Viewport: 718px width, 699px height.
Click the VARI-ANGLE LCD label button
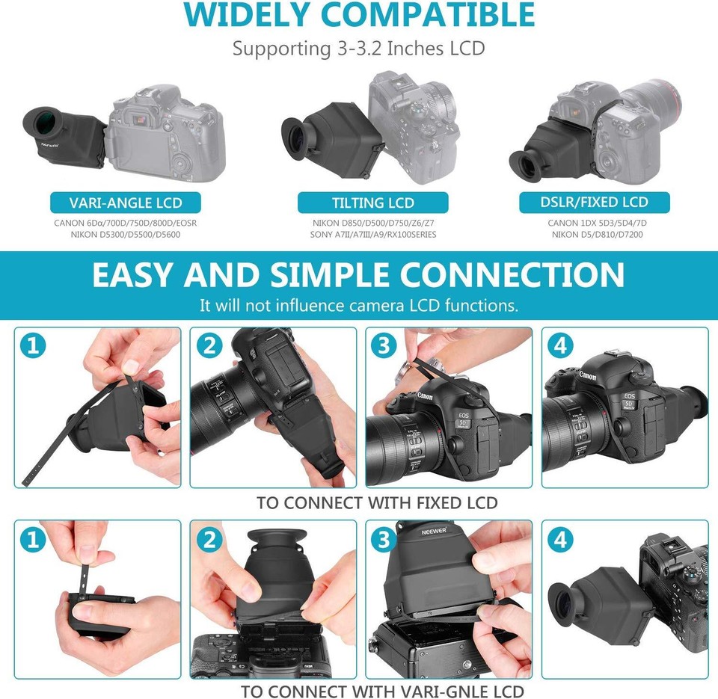coord(126,203)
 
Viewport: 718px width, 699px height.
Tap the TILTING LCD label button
coord(372,203)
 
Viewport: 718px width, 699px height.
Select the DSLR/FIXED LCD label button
coord(595,203)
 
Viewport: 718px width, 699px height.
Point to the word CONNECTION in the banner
coord(512,274)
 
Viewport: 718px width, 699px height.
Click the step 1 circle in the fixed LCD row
coord(33,345)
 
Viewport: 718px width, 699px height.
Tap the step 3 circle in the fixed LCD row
coord(384,345)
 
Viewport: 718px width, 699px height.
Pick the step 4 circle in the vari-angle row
coord(560,540)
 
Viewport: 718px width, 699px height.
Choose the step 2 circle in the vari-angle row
coord(209,540)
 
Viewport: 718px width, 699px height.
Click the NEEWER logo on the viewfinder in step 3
coord(434,532)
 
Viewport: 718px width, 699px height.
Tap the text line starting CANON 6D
coord(126,224)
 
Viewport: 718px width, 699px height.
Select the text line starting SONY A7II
coord(373,235)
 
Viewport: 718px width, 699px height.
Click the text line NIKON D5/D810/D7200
coord(597,235)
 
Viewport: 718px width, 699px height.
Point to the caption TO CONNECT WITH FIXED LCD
coord(377,503)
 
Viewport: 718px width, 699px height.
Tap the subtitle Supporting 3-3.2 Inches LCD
coord(358,49)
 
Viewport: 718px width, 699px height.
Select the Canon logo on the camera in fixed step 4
coord(588,376)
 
